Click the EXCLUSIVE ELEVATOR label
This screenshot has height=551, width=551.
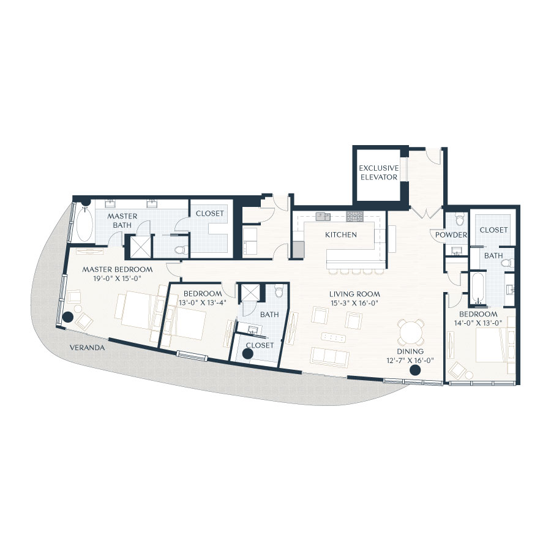(x=378, y=173)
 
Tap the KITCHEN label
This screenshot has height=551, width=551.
(x=340, y=234)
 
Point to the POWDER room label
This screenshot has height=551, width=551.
(x=451, y=235)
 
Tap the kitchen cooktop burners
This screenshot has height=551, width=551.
(x=354, y=216)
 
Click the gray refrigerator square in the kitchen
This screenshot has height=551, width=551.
(x=298, y=249)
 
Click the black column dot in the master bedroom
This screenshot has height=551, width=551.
(x=67, y=317)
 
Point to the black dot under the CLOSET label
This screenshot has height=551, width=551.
(x=248, y=353)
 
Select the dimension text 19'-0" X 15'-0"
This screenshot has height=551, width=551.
(x=117, y=278)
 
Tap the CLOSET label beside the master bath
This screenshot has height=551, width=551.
(x=209, y=214)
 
